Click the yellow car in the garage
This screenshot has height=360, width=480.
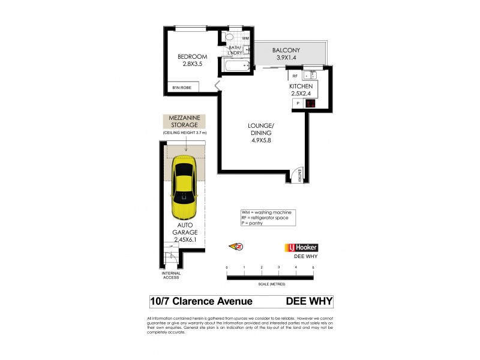(185, 188)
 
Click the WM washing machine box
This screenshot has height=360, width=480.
(245, 38)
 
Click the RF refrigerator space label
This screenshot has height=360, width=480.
(295, 76)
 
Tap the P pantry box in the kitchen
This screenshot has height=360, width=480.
(298, 103)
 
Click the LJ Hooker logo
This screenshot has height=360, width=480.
(301, 247)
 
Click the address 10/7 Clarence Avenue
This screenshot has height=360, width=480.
(200, 302)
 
